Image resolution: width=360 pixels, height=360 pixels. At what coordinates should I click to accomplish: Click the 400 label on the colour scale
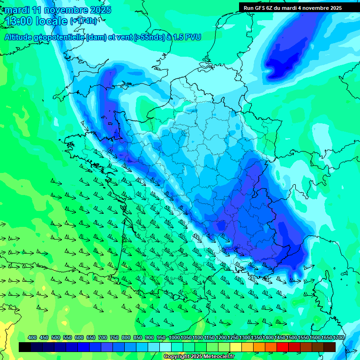[x=32, y=337]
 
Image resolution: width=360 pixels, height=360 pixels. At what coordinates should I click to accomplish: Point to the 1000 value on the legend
[x=174, y=337]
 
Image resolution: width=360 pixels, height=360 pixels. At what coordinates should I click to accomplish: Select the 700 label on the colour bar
[x=103, y=337]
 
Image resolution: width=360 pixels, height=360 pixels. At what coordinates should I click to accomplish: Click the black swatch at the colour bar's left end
[x=25, y=347]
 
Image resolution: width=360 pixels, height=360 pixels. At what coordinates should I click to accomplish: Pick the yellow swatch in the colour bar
[x=236, y=347]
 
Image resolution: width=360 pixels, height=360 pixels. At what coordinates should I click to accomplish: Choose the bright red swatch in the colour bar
[x=283, y=347]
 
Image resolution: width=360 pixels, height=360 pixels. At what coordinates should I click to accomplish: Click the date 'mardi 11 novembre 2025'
[x=58, y=10]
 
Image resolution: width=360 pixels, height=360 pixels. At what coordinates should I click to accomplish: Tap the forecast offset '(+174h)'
[x=83, y=21]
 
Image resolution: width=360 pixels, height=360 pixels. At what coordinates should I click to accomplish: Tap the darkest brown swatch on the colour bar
[x=330, y=347]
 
